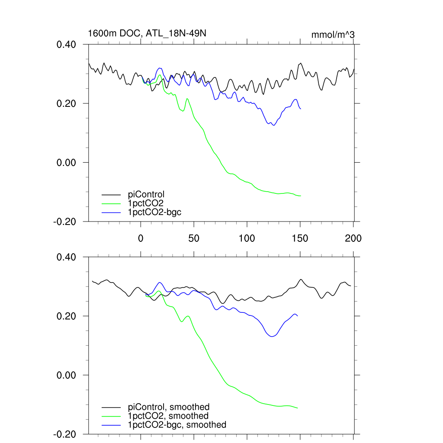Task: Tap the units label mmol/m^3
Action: click(x=333, y=35)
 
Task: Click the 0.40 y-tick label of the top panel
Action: click(x=67, y=45)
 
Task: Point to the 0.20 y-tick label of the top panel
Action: click(x=67, y=104)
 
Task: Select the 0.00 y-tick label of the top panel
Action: click(x=67, y=163)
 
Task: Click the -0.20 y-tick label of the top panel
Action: click(x=65, y=221)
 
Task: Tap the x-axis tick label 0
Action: click(x=141, y=238)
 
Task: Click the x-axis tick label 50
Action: click(x=194, y=238)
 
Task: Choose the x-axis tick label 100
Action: click(x=247, y=238)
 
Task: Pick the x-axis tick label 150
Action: click(x=300, y=238)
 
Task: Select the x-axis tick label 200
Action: click(x=353, y=238)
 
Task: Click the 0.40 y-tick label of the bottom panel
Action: click(x=67, y=257)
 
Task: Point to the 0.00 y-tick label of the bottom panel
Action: click(x=67, y=375)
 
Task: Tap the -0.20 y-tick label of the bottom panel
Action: click(x=65, y=434)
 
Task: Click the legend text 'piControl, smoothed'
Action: click(x=169, y=407)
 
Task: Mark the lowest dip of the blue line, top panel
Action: click(x=273, y=125)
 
